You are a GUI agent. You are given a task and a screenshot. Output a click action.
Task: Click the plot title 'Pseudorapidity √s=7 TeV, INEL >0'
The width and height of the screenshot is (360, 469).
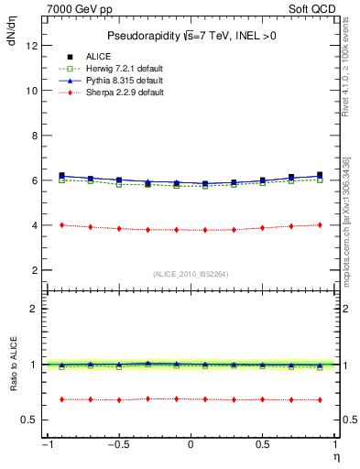point(190,36)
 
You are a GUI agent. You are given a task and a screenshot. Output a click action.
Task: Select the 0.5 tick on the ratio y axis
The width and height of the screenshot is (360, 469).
point(29,420)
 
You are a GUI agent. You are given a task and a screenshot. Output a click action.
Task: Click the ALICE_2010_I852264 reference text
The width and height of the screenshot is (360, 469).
point(190,274)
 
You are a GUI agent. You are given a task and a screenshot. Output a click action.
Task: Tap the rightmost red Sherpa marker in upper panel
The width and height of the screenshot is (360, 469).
point(319,224)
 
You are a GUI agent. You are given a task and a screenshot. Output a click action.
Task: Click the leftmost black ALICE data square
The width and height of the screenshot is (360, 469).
point(61,175)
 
